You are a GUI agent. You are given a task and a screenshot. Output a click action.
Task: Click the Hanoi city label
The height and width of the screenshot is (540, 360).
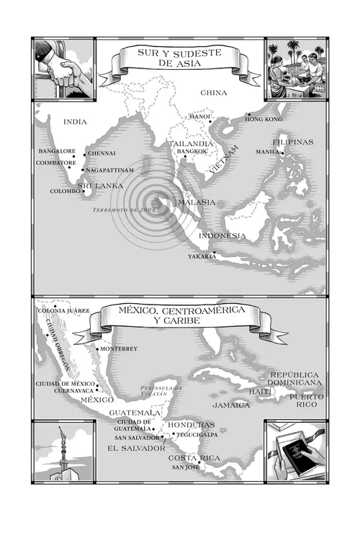point(200,116)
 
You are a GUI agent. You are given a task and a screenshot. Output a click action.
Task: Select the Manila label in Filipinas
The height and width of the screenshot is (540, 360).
point(268,153)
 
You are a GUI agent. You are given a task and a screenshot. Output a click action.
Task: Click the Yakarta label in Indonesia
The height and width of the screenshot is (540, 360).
point(202,256)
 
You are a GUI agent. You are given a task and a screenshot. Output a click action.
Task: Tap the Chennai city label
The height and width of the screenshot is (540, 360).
point(102,153)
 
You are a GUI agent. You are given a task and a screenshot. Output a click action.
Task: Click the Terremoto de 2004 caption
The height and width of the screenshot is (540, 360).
point(124,210)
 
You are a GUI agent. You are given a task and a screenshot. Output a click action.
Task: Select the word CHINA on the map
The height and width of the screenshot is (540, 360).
point(214,93)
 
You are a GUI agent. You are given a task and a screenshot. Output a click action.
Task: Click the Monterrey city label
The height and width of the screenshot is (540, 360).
point(119,349)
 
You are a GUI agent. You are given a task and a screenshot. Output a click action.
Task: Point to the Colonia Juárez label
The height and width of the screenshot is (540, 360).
point(62,310)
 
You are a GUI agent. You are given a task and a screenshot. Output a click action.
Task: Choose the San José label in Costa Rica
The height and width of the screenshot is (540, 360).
point(184,468)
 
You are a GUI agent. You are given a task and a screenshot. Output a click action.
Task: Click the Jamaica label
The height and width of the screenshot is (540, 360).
point(230,405)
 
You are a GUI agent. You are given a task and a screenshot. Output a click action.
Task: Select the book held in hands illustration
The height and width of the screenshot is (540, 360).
point(295,450)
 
